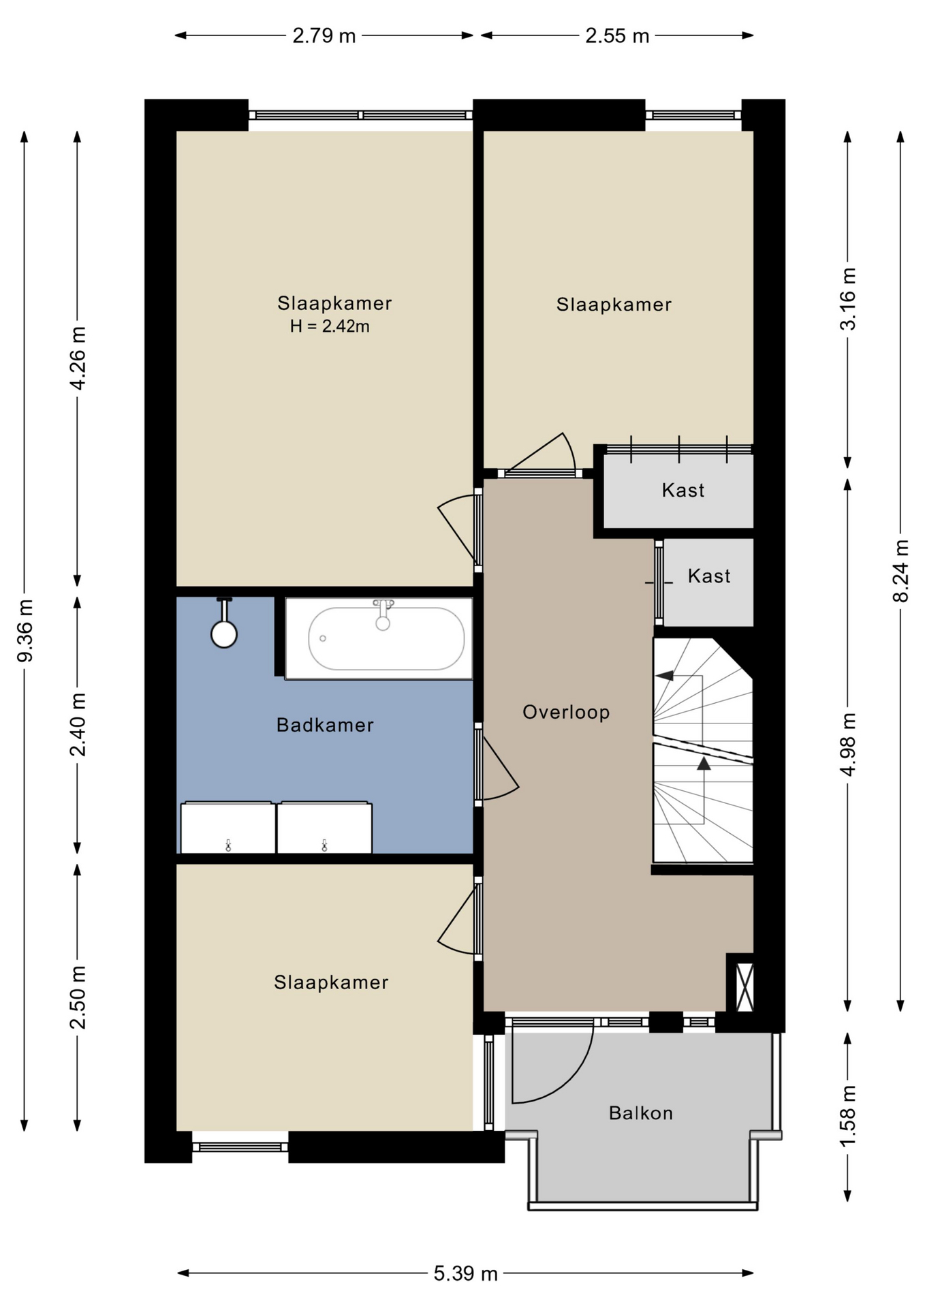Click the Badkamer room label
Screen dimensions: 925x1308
pos(325,725)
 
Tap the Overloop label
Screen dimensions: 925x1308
pos(566,713)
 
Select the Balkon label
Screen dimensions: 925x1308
pos(641,1113)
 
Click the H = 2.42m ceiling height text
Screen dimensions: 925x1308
pos(330,326)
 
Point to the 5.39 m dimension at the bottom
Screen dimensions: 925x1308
pos(466,1273)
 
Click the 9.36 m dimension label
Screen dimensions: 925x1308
pos(25,631)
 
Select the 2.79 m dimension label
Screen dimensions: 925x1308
pos(324,35)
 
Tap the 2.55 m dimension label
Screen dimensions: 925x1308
pos(617,35)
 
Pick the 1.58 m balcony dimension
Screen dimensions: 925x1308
pos(848,1116)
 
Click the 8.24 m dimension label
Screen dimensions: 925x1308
pos(901,571)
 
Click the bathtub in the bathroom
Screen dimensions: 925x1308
pos(379,638)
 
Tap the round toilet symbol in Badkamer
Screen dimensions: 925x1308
pos(224,634)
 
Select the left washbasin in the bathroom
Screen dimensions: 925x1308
pos(228,828)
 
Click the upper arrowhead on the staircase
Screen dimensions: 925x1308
pos(665,676)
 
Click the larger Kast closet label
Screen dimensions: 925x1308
pos(683,490)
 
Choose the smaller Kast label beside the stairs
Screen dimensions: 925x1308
pos(709,576)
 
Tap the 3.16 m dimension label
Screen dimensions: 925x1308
pos(848,299)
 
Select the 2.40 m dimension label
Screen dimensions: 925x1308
pos(78,725)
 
